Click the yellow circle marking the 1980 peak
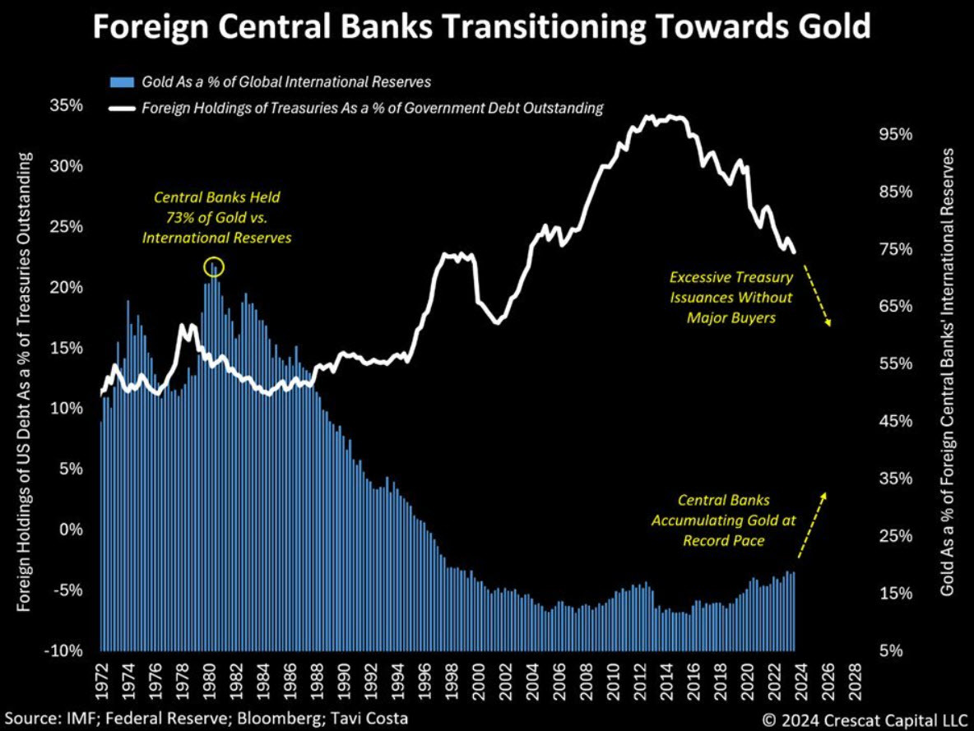point(213,267)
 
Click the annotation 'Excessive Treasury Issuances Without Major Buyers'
point(731,297)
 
